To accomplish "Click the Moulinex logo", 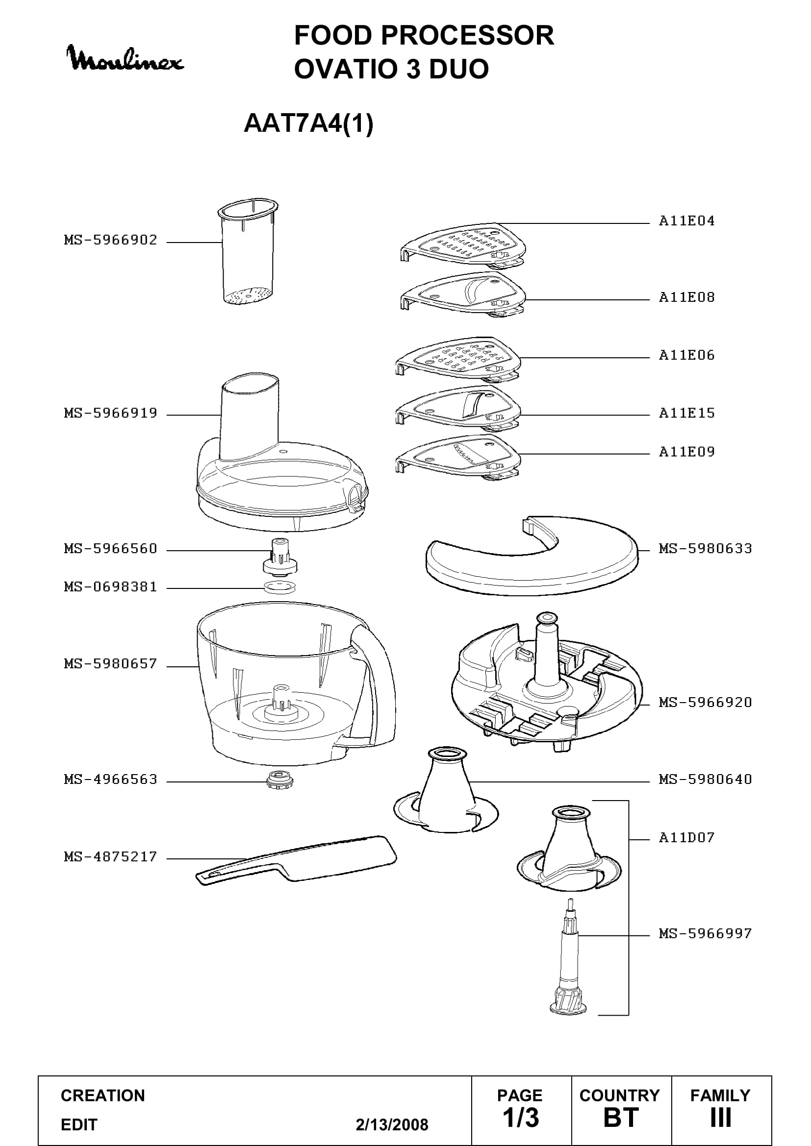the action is click(x=126, y=59).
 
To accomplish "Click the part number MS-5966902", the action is click(x=110, y=240).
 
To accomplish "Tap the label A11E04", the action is click(x=686, y=221).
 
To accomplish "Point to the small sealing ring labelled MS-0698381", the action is click(x=279, y=587).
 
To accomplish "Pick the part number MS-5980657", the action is click(x=110, y=664).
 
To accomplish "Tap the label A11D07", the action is click(x=686, y=837).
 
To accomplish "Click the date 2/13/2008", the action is click(x=392, y=1124).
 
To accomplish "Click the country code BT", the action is click(x=621, y=1118).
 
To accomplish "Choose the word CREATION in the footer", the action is click(x=103, y=1096).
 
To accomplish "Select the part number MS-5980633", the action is click(x=705, y=549).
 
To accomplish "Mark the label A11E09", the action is click(x=686, y=452).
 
